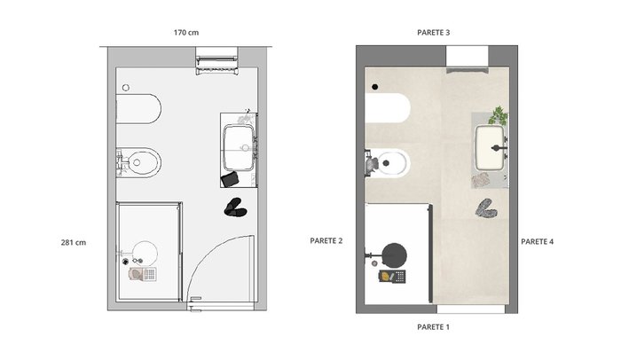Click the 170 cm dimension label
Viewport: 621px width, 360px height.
pyautogui.click(x=186, y=33)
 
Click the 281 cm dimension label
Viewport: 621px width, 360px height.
pyautogui.click(x=74, y=242)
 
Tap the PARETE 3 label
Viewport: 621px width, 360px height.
pyautogui.click(x=433, y=33)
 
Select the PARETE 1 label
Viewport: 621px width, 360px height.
pyautogui.click(x=433, y=327)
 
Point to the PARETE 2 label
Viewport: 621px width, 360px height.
pyautogui.click(x=326, y=241)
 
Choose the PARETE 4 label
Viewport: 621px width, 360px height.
pyautogui.click(x=537, y=241)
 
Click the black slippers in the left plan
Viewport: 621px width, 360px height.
pyautogui.click(x=235, y=207)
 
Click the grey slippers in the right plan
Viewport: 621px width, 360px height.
pyautogui.click(x=486, y=208)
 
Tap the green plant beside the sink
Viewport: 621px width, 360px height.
pyautogui.click(x=499, y=115)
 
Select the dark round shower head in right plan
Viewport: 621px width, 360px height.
pyautogui.click(x=395, y=254)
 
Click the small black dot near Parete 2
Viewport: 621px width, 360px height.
pyautogui.click(x=374, y=87)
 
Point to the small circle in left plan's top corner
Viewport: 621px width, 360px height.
pyautogui.click(x=126, y=88)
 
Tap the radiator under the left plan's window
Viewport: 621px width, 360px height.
pyautogui.click(x=217, y=66)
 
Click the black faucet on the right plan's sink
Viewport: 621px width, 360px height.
pyautogui.click(x=499, y=148)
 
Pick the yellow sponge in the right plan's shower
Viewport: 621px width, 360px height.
pyautogui.click(x=386, y=276)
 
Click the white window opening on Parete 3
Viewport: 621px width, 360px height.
pyautogui.click(x=467, y=56)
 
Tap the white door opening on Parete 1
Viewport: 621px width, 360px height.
pyautogui.click(x=470, y=309)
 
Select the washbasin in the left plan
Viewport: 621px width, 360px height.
pyautogui.click(x=239, y=147)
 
